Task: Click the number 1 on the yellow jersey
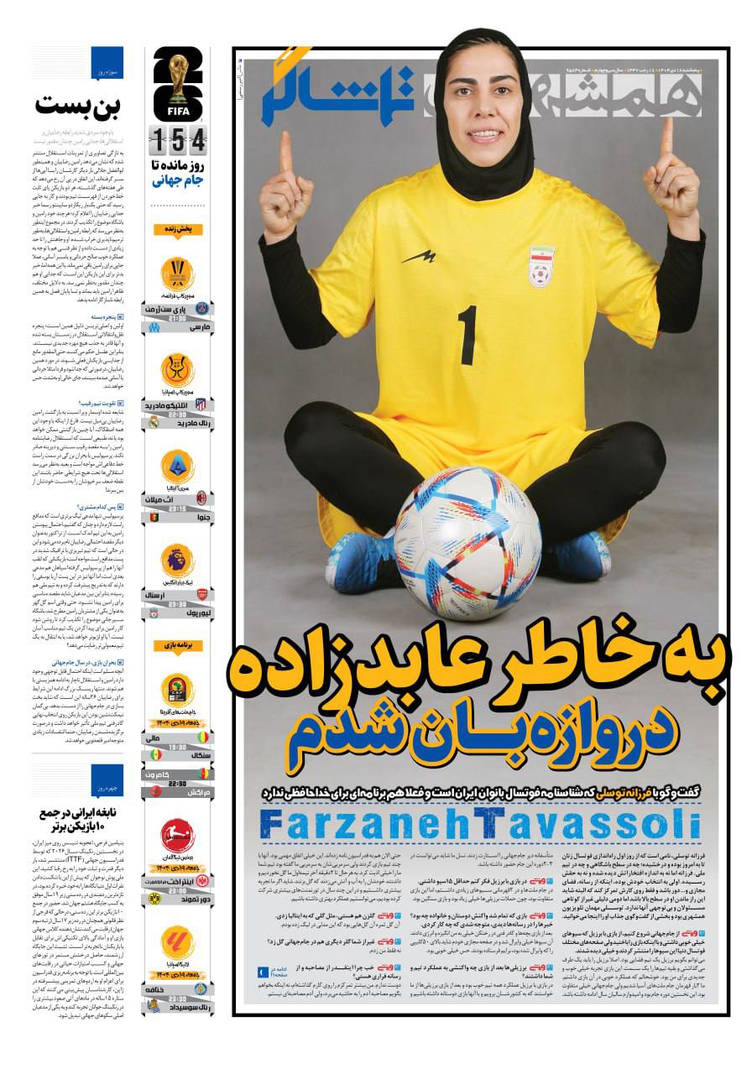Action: pos(467,336)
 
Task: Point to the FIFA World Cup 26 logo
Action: pos(177,85)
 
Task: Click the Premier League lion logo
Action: pos(178,560)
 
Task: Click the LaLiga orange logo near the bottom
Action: pos(178,942)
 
